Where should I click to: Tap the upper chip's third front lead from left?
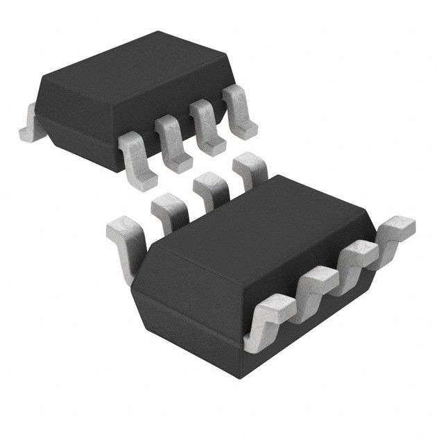tap(206, 124)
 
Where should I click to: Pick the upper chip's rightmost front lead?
tap(239, 111)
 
